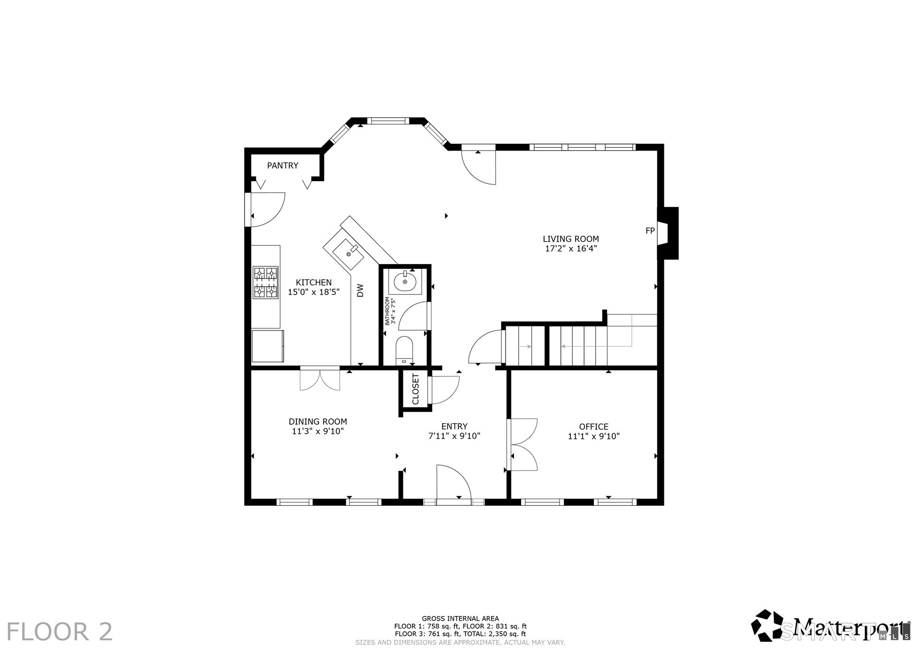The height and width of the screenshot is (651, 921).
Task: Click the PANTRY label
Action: [283, 165]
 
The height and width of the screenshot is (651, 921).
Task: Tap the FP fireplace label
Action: [650, 231]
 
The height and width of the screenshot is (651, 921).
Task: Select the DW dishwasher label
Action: [360, 290]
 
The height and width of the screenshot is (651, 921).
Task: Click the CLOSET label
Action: [415, 389]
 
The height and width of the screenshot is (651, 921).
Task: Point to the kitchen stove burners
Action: [266, 283]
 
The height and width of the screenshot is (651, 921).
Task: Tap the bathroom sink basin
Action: [406, 282]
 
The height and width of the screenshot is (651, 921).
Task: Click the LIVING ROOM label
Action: [571, 239]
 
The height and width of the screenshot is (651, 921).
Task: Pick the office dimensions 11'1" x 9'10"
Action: [594, 436]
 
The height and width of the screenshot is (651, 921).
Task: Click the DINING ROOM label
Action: [318, 422]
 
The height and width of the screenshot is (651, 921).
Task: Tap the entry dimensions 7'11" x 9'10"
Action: [454, 436]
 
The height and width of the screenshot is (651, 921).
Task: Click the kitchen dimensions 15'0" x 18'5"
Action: [314, 292]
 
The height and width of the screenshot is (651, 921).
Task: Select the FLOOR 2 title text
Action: [60, 631]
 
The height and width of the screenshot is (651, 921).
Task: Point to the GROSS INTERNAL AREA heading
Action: [460, 619]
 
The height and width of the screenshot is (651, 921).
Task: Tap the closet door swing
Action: [446, 390]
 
